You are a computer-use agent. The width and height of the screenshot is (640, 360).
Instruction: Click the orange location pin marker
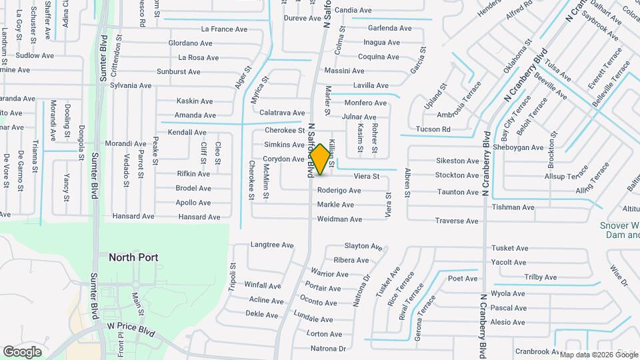click(321, 159)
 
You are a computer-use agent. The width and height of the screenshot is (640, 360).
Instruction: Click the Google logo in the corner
click(22, 351)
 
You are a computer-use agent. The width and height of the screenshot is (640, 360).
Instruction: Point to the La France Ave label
click(223, 29)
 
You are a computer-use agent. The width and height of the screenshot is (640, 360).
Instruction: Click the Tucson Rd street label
click(433, 129)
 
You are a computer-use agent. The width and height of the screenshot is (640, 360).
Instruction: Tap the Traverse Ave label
click(457, 221)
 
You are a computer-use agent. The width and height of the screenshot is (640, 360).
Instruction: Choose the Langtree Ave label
click(272, 245)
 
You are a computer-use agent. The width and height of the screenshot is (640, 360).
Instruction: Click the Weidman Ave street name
click(339, 219)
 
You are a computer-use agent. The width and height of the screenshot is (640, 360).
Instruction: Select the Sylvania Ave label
click(131, 85)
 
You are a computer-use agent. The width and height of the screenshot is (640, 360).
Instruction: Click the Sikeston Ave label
click(457, 161)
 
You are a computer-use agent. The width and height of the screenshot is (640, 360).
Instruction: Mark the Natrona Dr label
click(328, 349)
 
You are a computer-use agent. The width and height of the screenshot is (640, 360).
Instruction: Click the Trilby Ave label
click(541, 277)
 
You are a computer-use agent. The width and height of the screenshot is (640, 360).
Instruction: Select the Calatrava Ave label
click(281, 113)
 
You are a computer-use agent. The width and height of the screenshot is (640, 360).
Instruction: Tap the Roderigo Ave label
click(339, 191)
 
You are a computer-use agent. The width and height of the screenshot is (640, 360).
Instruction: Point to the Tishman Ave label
click(513, 207)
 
